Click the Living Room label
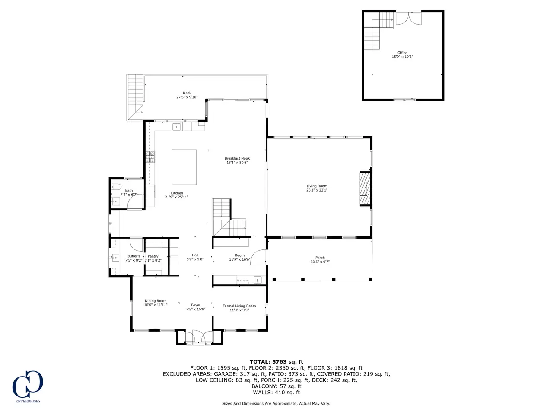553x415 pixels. click(317, 186)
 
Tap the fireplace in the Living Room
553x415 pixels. click(365, 189)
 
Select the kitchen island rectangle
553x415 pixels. click(184, 167)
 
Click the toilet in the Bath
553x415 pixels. click(116, 187)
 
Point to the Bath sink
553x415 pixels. click(116, 201)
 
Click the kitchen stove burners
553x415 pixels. click(150, 156)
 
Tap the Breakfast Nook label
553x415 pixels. click(237, 158)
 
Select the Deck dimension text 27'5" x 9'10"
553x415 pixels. click(187, 97)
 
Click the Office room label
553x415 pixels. click(402, 53)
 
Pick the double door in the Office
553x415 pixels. click(408, 18)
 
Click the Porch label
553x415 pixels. click(320, 258)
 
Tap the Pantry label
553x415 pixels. click(153, 256)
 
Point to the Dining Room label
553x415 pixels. click(156, 300)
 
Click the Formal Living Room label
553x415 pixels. click(239, 306)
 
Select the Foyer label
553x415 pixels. click(196, 305)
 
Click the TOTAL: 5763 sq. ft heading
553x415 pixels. click(276, 362)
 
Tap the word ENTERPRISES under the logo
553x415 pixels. click(28, 401)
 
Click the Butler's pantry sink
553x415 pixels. click(115, 258)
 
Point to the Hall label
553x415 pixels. click(195, 255)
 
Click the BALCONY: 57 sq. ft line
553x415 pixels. click(276, 386)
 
